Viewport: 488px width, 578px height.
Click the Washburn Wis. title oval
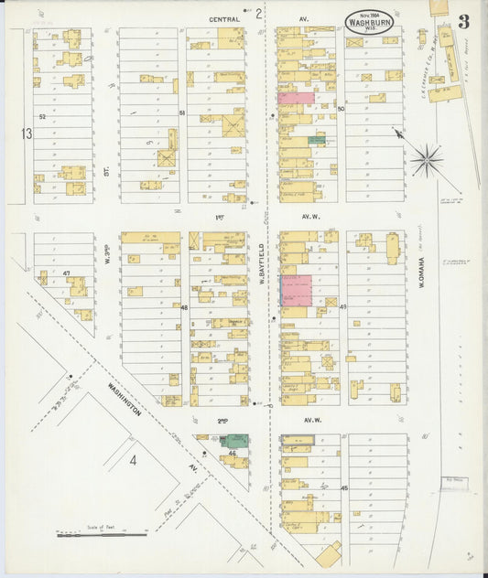pos(373,23)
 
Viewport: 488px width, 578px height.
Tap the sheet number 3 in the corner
pos(464,22)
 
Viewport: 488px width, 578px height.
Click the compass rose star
pos(426,161)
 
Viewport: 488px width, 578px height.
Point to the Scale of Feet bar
pos(102,533)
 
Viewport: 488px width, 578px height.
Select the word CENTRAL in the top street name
pos(223,17)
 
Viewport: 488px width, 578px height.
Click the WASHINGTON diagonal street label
pos(124,399)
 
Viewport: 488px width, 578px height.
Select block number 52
pos(41,117)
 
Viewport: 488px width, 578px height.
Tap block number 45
pos(343,488)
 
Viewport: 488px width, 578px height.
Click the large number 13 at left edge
pos(27,134)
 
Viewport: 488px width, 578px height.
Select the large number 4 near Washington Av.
pos(132,459)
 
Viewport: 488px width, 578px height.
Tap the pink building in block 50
pos(295,97)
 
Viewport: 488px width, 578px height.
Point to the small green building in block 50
pos(316,140)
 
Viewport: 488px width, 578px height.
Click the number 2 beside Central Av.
pos(259,14)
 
